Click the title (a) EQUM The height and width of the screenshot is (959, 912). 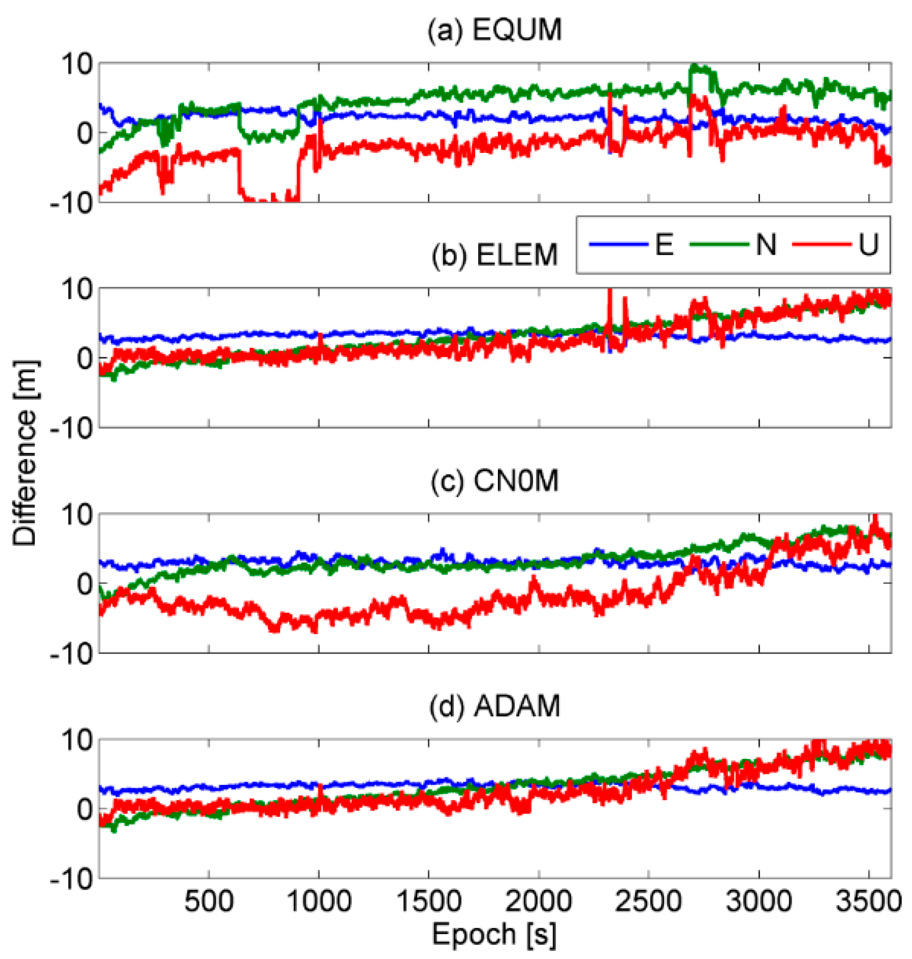tap(494, 30)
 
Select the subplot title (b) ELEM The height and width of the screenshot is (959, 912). tap(494, 255)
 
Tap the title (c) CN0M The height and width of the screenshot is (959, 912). tap(494, 481)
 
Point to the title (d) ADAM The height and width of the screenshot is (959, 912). tap(494, 706)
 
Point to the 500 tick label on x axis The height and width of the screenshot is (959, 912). tap(209, 901)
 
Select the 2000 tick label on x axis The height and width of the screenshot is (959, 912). tap(538, 901)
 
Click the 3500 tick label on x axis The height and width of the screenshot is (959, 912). tap(868, 901)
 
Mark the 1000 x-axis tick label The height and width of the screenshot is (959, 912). tap(318, 901)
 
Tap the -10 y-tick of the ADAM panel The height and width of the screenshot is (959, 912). tap(70, 878)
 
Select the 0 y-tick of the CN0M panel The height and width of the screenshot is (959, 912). tap(85, 583)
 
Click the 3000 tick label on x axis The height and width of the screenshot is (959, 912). tap(758, 901)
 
